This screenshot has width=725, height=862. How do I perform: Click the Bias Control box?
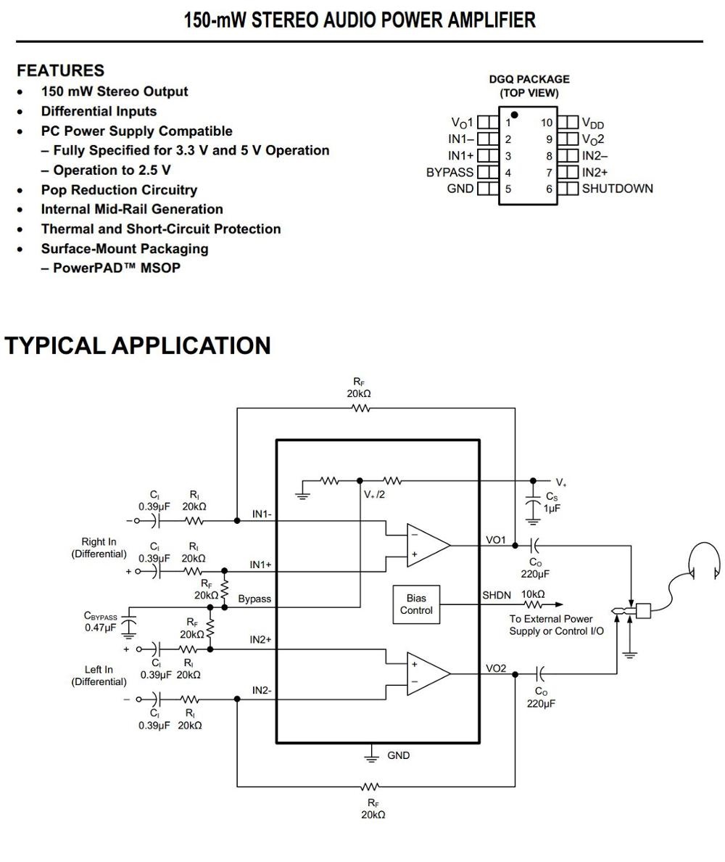point(416,604)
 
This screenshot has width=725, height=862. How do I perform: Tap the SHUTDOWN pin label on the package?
point(617,189)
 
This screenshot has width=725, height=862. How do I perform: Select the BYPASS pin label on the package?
point(449,173)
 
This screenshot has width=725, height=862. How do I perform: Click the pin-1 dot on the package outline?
point(514,115)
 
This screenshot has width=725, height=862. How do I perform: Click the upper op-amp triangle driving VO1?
point(426,545)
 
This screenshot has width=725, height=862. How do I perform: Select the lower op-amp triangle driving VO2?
point(426,673)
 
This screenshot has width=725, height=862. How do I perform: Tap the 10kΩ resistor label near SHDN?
point(533,594)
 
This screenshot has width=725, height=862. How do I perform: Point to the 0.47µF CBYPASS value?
point(100,628)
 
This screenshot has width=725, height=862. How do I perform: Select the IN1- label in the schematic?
point(262,514)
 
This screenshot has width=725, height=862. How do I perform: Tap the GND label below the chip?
point(398,755)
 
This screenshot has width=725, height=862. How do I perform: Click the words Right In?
point(99,541)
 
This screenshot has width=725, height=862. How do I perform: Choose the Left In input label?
point(99,669)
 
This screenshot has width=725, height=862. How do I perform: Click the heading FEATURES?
point(60,70)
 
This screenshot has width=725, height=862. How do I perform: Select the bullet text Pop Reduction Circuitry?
point(119,189)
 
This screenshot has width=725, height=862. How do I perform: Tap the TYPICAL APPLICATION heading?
point(138,345)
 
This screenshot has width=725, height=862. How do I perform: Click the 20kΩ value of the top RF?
point(359,393)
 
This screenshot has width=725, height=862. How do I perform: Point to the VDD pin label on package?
point(592,123)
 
